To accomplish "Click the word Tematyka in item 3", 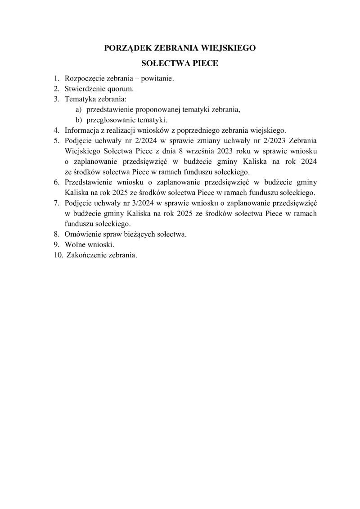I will pyautogui.click(x=79, y=99).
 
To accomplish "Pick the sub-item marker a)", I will pyautogui.click(x=78, y=109).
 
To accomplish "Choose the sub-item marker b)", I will pyautogui.click(x=78, y=120).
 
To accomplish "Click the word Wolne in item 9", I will pyautogui.click(x=75, y=244).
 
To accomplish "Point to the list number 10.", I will pyautogui.click(x=57, y=255).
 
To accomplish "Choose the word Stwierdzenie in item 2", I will pyautogui.click(x=85, y=89).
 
